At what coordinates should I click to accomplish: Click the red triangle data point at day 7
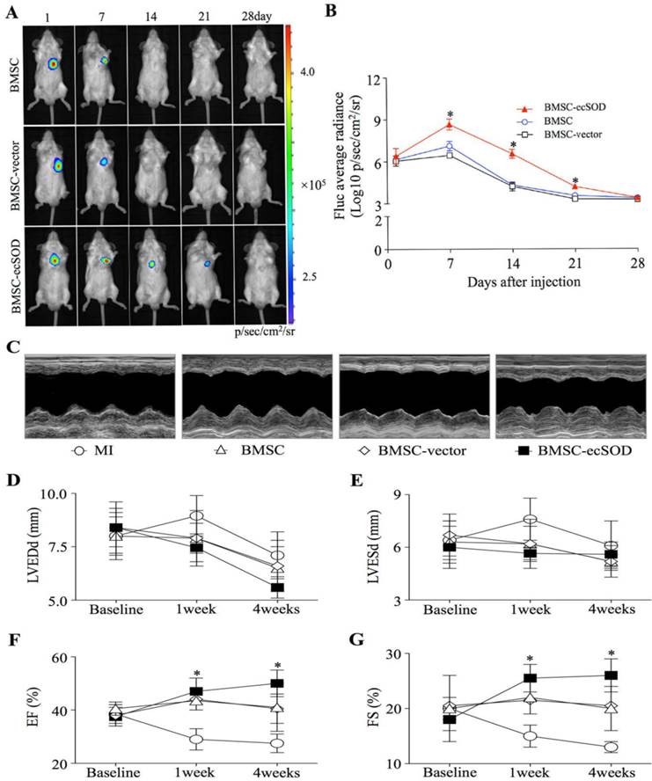[450, 125]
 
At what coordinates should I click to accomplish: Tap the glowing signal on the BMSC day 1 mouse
[52, 63]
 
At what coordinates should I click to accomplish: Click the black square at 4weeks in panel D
[277, 587]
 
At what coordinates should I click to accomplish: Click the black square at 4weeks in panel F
[277, 683]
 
